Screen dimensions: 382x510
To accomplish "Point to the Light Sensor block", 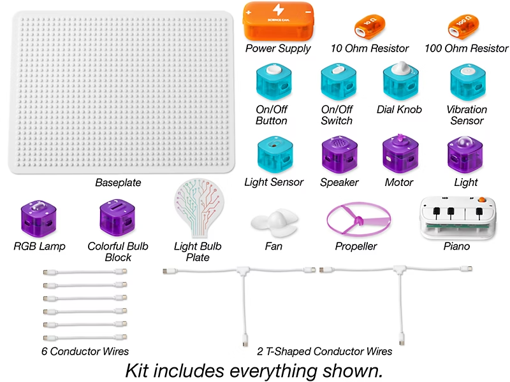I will (x=274, y=153).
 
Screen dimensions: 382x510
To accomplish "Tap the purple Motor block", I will (x=400, y=153).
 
